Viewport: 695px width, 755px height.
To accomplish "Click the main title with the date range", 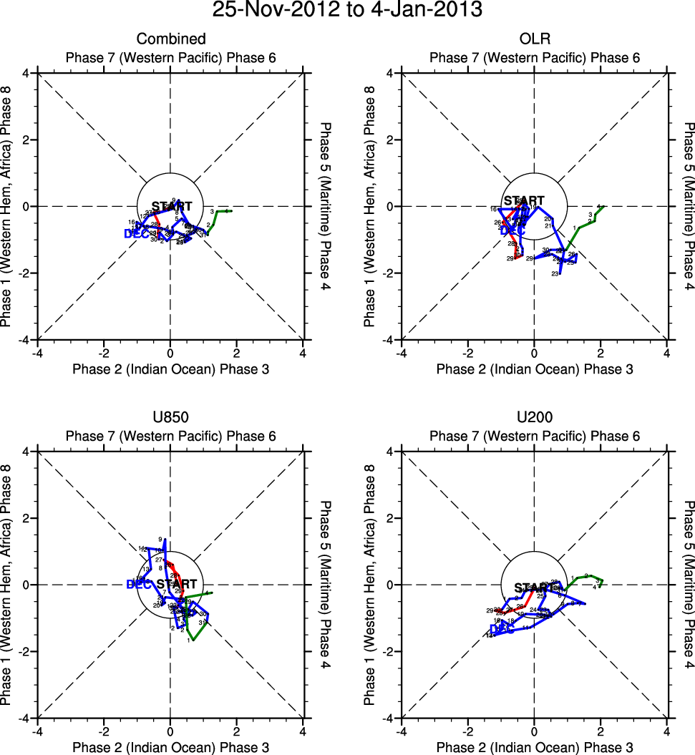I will (x=347, y=11).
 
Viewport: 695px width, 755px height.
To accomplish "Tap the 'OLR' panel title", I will (x=534, y=39).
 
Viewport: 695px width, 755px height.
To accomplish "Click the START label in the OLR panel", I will (x=524, y=201).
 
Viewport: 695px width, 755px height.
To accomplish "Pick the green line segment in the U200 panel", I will (x=583, y=578).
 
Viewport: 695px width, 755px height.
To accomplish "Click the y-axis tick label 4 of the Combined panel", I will (x=26, y=73).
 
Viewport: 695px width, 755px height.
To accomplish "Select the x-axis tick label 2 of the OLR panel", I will (x=601, y=353).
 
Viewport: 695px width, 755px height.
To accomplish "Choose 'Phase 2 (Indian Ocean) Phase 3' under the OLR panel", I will (x=534, y=369).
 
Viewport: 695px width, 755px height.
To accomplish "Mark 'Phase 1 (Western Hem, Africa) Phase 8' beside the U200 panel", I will (x=369, y=585).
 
